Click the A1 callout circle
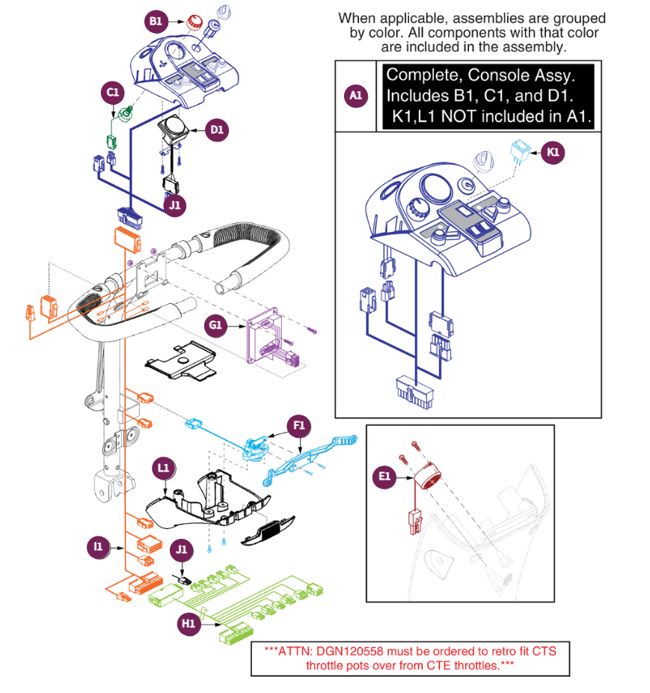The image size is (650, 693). [x=356, y=96]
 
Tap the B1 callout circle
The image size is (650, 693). [x=155, y=22]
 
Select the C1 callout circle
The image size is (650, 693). [x=112, y=93]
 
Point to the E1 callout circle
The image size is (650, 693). [x=384, y=475]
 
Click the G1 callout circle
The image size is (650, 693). [x=215, y=325]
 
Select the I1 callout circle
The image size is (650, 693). [x=97, y=547]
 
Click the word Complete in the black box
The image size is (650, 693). [x=417, y=75]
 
